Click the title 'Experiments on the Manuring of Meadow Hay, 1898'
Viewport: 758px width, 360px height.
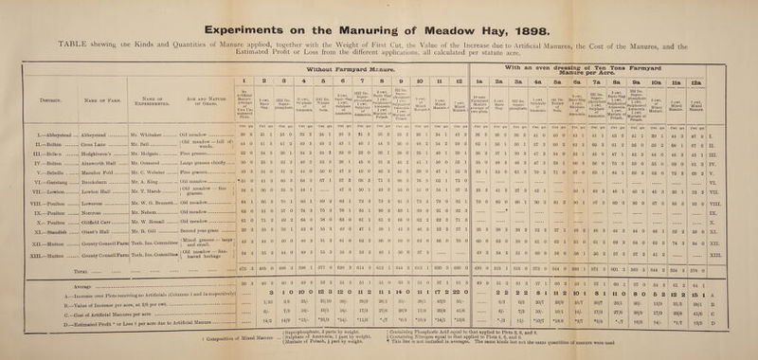point(379,10)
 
